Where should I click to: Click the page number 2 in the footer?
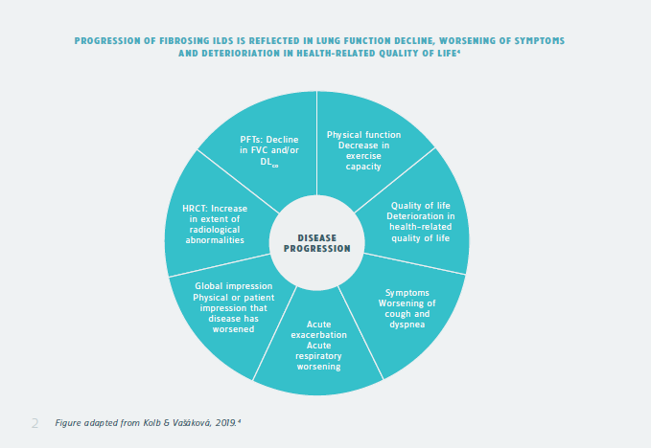35,422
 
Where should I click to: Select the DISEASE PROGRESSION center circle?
316,243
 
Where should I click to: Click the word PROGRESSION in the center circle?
316,249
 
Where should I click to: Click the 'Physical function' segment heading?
363,135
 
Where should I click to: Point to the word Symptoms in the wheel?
407,293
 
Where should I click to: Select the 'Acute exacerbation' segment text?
318,335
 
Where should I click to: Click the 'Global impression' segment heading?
233,286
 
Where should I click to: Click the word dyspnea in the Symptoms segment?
407,325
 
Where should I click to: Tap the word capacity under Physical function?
363,167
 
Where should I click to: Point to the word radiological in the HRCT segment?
215,230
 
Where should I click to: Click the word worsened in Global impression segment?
233,329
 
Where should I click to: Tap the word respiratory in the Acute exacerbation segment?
318,356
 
